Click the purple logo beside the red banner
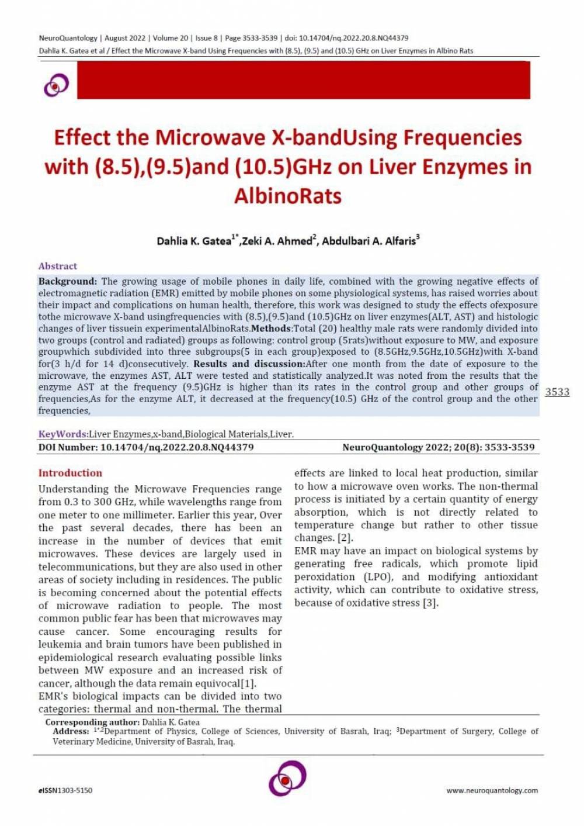pos(56,85)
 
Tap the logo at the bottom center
pos(287,777)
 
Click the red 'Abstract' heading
pos(58,266)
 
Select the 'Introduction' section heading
pos(70,473)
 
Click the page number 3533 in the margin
pos(557,392)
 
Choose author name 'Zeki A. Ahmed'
pos(278,241)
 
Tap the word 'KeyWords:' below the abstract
pos(63,434)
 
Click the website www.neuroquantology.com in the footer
pos(492,790)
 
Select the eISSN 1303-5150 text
pos(65,790)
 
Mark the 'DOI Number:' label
pos(68,447)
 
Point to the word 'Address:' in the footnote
pos(71,731)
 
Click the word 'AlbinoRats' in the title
pos(288,195)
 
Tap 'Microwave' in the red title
pos(211,137)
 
